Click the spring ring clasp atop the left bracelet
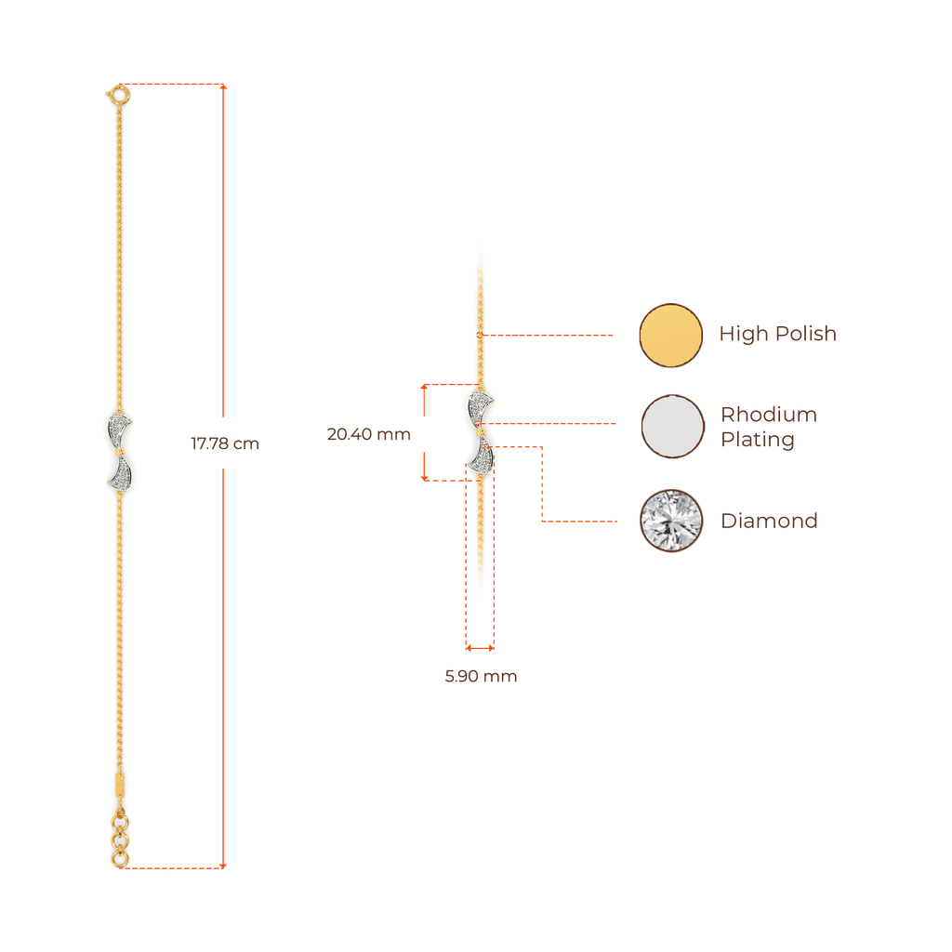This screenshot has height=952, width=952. [x=117, y=94]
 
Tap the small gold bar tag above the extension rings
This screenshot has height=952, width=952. [x=119, y=783]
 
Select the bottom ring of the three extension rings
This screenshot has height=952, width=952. [x=119, y=859]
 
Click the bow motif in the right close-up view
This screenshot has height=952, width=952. [x=481, y=431]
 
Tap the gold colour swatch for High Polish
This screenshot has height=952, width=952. [x=671, y=335]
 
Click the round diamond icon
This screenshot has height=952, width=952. [x=671, y=521]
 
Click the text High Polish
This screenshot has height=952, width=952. [x=778, y=334]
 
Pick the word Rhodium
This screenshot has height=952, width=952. [x=768, y=415]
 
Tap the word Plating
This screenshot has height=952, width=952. [x=757, y=439]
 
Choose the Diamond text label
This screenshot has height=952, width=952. [x=768, y=521]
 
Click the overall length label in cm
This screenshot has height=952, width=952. [x=225, y=443]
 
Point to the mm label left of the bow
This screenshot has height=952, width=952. [x=368, y=434]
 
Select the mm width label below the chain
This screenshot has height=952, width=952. [x=480, y=677]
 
